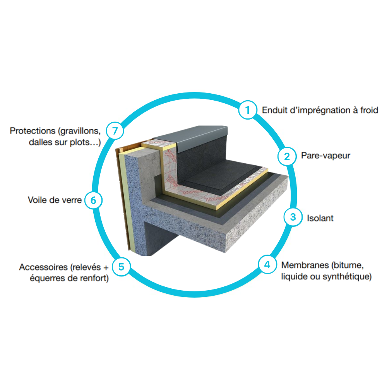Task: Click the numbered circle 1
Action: pyautogui.click(x=248, y=110)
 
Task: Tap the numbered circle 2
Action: pyautogui.click(x=287, y=156)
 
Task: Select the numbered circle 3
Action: pyautogui.click(x=293, y=217)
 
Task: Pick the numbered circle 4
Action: pyautogui.click(x=267, y=265)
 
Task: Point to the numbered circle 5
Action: pyautogui.click(x=121, y=267)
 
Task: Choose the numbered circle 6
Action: pyautogui.click(x=93, y=200)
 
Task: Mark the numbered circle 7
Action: pyautogui.click(x=115, y=130)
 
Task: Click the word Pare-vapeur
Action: pyautogui.click(x=325, y=156)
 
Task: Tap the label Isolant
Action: pyautogui.click(x=320, y=218)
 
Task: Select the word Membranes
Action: pyautogui.click(x=305, y=265)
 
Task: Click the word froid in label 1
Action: pyautogui.click(x=369, y=110)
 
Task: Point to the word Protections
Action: pyautogui.click(x=33, y=130)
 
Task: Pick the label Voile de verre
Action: pyautogui.click(x=55, y=200)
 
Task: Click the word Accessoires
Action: pyautogui.click(x=43, y=267)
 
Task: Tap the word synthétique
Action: pyautogui.click(x=347, y=277)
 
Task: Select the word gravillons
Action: pyautogui.click(x=79, y=131)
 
